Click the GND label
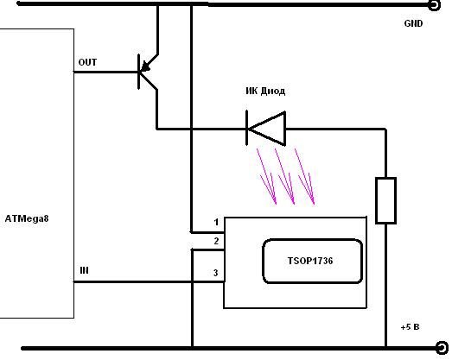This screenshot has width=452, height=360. [x=413, y=23]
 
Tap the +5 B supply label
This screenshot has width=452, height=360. [x=410, y=327]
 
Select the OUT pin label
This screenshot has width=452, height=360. [x=87, y=62]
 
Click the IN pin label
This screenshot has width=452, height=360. [x=84, y=270]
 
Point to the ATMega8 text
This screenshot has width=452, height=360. [x=27, y=218]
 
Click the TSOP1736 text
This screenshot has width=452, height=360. [x=310, y=261]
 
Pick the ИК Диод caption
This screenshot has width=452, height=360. [x=265, y=91]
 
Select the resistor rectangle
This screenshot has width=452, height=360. [x=385, y=200]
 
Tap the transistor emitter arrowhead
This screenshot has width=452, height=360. [x=146, y=66]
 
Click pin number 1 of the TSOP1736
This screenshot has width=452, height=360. [x=216, y=223]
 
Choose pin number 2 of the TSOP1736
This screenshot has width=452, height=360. [x=216, y=241]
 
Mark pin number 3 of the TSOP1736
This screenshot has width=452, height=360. [x=215, y=273]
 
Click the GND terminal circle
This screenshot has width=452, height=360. [x=434, y=5]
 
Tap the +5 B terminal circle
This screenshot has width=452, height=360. [x=442, y=348]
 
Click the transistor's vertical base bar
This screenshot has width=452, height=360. [x=139, y=72]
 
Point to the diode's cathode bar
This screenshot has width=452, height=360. [x=247, y=128]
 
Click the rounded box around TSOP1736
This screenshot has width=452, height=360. [x=312, y=239]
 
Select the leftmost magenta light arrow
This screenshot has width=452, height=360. [x=267, y=176]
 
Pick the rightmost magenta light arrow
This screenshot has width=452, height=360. [x=304, y=176]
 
